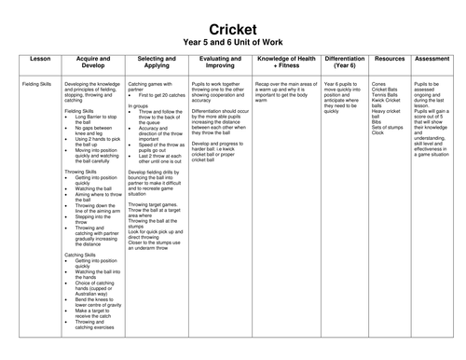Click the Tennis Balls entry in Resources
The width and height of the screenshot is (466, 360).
point(388,96)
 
